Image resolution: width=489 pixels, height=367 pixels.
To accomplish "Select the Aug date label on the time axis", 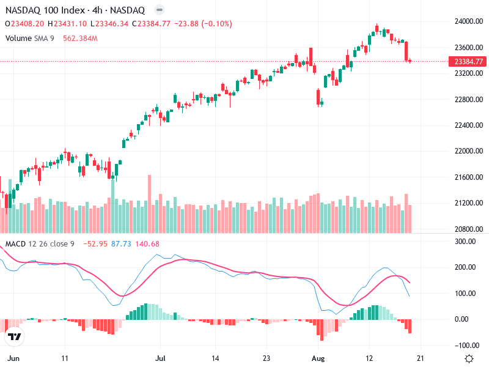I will pos(316,358).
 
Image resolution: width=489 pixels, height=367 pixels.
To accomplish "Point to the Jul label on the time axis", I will pos(161,358).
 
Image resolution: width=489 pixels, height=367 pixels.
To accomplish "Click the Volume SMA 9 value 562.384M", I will pos(81,39).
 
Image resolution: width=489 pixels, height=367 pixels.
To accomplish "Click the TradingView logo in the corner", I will pos(14,338).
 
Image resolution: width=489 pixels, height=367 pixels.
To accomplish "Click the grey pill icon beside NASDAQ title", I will pos(160,10).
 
